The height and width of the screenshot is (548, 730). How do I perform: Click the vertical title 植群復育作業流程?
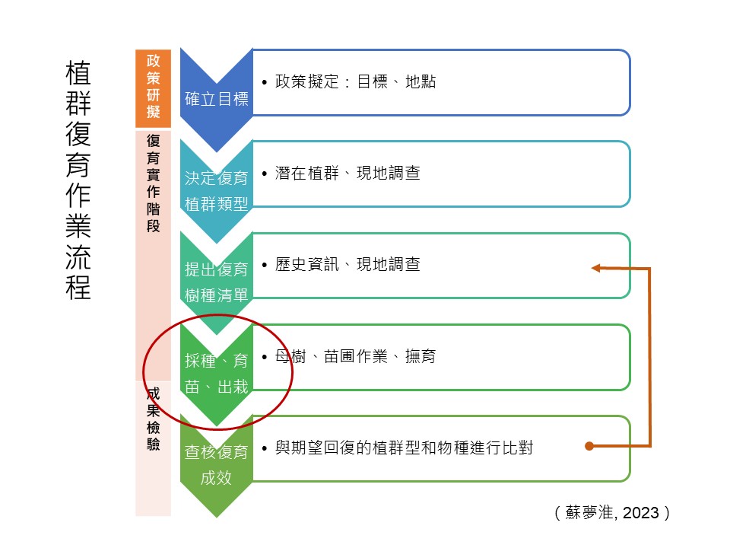click(x=78, y=180)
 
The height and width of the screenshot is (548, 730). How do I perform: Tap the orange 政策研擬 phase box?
click(x=153, y=88)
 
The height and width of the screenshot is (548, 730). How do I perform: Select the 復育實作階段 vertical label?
click(x=153, y=183)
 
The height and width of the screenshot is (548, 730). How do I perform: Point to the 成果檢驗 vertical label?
click(x=153, y=419)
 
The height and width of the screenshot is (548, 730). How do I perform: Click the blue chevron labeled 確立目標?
click(x=217, y=99)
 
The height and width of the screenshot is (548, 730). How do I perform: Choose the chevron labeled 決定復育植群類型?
click(x=217, y=191)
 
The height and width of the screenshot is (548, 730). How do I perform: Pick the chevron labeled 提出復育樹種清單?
click(x=217, y=282)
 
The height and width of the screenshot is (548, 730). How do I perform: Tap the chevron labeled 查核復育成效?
click(x=217, y=465)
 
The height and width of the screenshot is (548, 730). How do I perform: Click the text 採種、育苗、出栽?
click(x=217, y=374)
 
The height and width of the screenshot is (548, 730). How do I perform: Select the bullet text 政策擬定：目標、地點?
click(x=355, y=81)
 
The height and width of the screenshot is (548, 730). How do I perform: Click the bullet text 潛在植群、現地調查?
click(x=348, y=173)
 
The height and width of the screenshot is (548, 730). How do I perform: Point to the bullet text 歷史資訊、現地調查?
click(x=348, y=264)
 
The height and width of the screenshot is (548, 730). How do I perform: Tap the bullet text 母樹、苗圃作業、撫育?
click(x=355, y=356)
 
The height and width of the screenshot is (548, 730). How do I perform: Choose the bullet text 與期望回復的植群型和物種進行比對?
click(x=404, y=448)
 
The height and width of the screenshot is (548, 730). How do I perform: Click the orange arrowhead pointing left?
click(x=595, y=268)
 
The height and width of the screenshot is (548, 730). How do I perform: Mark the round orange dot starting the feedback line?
click(x=589, y=446)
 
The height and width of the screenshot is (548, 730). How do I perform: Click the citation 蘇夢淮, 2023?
click(x=612, y=512)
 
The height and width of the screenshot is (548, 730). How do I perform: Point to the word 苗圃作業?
click(x=356, y=356)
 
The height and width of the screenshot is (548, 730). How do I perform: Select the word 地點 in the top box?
click(x=421, y=81)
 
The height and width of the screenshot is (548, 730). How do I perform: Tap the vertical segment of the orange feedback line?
click(x=649, y=357)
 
